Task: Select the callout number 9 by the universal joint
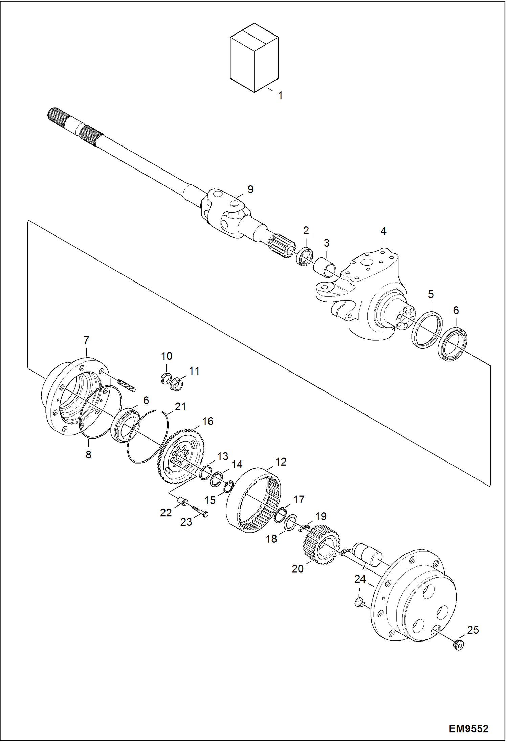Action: point(250,189)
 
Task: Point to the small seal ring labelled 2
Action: point(305,257)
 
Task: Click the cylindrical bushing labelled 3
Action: point(325,266)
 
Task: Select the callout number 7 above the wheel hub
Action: point(86,340)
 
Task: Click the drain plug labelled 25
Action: point(458,646)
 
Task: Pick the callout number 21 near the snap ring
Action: point(180,406)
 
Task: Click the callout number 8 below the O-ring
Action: point(88,455)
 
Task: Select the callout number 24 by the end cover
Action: point(360,579)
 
